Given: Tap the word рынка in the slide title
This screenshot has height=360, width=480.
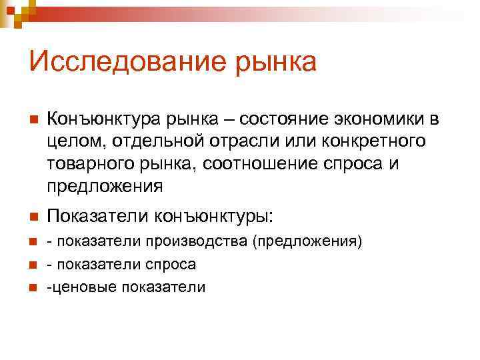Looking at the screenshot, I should click(x=267, y=63).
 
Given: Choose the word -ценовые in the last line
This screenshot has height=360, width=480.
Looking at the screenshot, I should click(x=74, y=287).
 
